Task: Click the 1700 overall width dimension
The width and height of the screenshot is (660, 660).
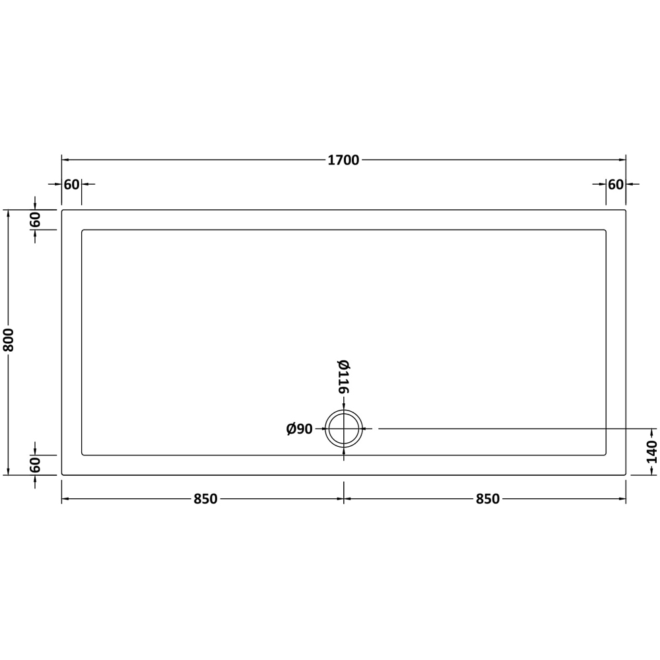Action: click(x=343, y=160)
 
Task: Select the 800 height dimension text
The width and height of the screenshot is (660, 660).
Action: click(x=9, y=340)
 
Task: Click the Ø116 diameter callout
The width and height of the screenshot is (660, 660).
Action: click(x=343, y=376)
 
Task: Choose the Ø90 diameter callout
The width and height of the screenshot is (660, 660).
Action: click(x=299, y=429)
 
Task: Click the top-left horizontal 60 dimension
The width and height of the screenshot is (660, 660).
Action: click(x=71, y=184)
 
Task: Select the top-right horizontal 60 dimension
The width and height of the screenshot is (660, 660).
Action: click(x=616, y=184)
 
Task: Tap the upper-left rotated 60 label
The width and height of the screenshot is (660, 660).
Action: click(x=35, y=219)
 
